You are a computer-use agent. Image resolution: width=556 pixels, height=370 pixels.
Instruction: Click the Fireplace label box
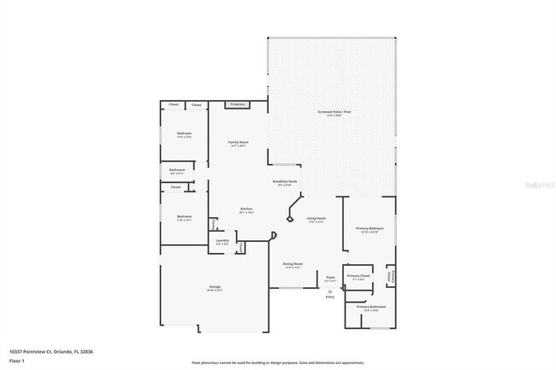tap(236, 104)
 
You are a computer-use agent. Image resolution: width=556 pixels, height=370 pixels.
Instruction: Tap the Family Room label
tap(238, 143)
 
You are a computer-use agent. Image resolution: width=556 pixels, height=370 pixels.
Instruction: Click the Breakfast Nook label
tap(284, 182)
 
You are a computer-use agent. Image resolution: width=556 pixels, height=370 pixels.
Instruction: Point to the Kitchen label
tap(245, 209)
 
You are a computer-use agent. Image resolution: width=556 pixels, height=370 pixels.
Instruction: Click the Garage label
tap(215, 287)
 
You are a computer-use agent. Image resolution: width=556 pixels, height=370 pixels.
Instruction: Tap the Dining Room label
tap(293, 265)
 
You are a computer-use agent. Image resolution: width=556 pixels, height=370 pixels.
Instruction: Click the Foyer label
tap(330, 278)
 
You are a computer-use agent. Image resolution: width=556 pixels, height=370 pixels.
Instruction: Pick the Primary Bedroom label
tap(370, 229)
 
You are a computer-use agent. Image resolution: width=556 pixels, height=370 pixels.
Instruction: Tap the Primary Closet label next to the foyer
tap(358, 277)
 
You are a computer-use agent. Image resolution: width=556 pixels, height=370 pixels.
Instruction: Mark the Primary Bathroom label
tap(371, 307)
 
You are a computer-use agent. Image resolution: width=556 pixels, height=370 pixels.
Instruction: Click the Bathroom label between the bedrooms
tap(177, 171)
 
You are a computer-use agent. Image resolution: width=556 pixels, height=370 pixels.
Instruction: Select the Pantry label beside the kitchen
tap(214, 224)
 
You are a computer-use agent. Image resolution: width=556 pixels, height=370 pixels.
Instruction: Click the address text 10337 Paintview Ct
tap(38, 350)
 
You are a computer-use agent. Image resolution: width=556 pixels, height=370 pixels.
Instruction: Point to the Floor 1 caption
tap(17, 361)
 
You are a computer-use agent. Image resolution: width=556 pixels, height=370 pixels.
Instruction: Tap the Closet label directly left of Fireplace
tap(196, 105)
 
